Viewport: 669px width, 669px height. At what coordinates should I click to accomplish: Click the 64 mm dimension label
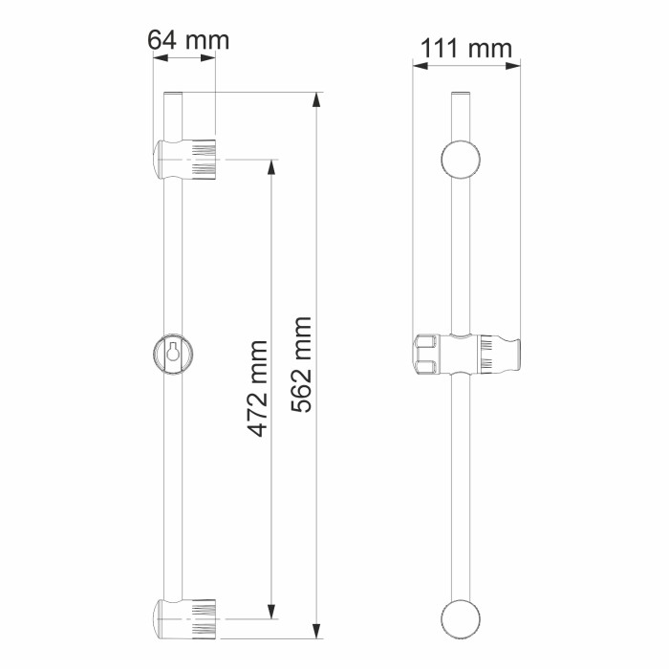(x=188, y=40)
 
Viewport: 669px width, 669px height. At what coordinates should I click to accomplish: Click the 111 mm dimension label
(x=466, y=48)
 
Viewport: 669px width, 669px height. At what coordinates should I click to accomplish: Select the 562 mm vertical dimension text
(x=302, y=364)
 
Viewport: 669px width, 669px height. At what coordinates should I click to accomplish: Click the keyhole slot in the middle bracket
(x=173, y=352)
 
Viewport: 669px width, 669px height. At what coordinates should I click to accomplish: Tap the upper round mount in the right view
(x=461, y=160)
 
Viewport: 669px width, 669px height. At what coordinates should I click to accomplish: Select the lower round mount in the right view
(x=461, y=618)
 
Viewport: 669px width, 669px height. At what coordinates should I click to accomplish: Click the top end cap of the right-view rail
(x=461, y=95)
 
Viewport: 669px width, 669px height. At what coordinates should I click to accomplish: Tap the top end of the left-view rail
(x=173, y=96)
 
